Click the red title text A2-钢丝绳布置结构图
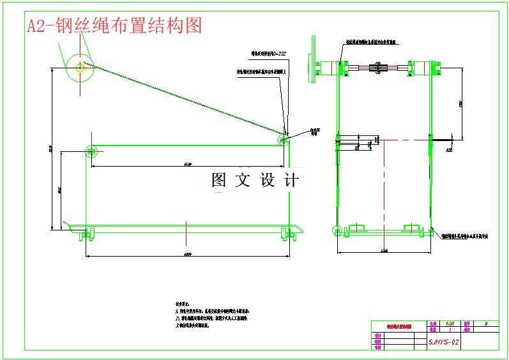pyautogui.click(x=115, y=26)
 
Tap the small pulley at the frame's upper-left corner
pyautogui.click(x=90, y=151)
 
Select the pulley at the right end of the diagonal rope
pyautogui.click(x=282, y=139)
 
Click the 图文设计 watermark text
pyautogui.click(x=255, y=181)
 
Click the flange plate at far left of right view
pyautogui.click(x=315, y=66)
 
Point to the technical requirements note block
pyautogui.click(x=211, y=315)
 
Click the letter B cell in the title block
pyautogui.click(x=487, y=324)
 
